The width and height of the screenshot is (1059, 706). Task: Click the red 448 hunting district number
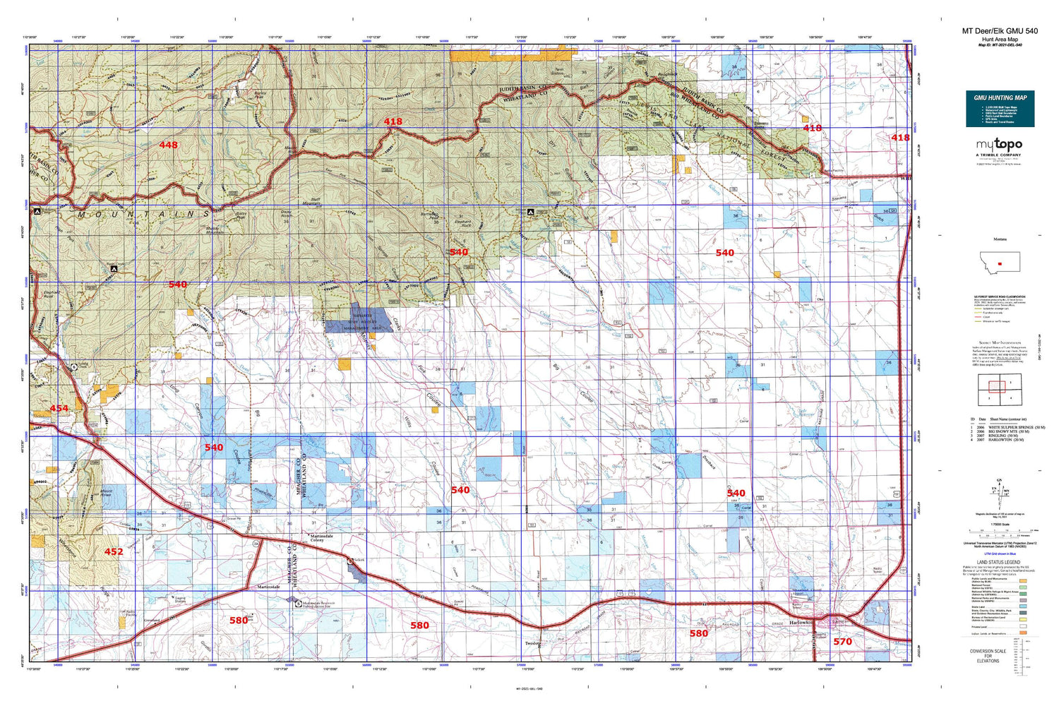[168, 145]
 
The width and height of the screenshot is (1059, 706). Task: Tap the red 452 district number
[114, 551]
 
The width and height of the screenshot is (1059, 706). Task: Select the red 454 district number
[59, 409]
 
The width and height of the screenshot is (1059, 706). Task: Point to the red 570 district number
[842, 641]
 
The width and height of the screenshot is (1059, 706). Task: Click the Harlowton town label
[802, 622]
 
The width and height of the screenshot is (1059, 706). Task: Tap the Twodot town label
[533, 643]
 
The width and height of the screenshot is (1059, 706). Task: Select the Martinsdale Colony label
[321, 539]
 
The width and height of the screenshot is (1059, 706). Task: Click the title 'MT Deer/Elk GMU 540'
[1000, 31]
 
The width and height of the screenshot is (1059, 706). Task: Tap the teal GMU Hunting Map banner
[1000, 108]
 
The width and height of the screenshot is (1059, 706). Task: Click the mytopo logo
[998, 145]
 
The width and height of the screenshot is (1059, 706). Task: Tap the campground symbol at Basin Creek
[114, 269]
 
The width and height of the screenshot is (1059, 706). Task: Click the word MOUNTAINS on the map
[145, 214]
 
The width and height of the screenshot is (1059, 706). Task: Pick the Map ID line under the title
[1000, 45]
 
